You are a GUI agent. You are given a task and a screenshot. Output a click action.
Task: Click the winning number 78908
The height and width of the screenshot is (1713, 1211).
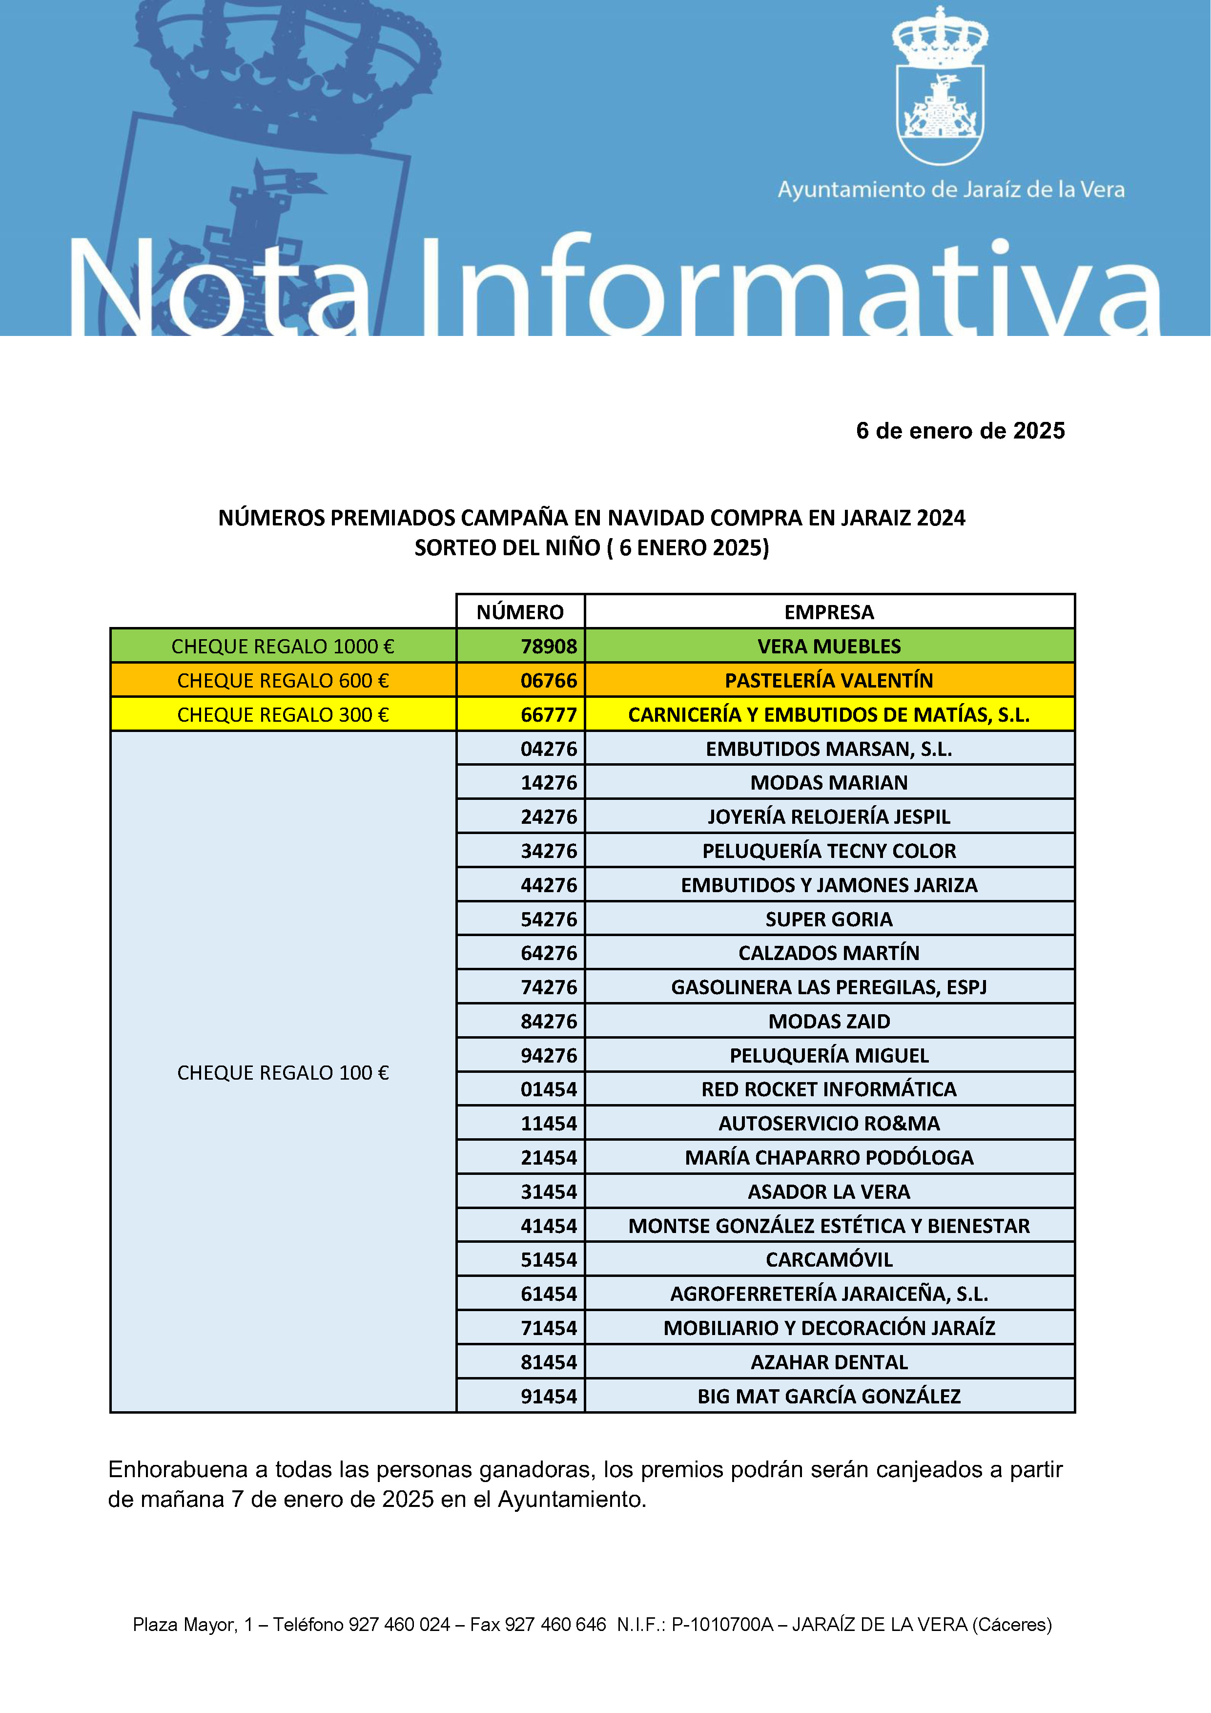tap(548, 646)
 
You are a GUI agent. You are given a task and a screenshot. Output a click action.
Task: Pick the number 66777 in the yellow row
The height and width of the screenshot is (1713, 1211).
tap(548, 715)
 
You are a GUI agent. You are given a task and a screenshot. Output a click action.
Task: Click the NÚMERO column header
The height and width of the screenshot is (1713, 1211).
tap(520, 612)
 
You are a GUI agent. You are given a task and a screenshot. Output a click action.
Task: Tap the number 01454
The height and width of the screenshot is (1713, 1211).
tap(548, 1089)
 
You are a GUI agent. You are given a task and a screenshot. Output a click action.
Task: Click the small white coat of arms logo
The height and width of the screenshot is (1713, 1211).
tap(940, 86)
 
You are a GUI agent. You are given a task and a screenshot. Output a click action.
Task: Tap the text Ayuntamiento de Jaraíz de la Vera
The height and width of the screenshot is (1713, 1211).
tap(951, 189)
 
